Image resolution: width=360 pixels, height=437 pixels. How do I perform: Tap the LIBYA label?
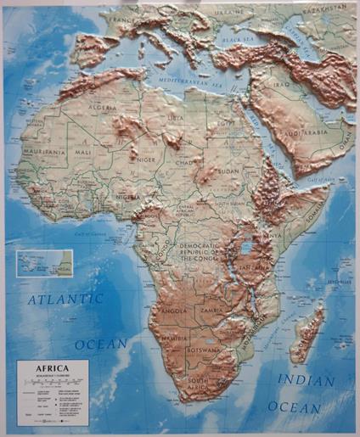pyautogui.click(x=175, y=118)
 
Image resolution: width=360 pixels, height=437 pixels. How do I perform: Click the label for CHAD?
pyautogui.click(x=181, y=162)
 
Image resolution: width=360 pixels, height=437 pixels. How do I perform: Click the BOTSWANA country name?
pyautogui.click(x=206, y=349)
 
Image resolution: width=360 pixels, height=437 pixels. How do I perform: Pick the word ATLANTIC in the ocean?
pyautogui.click(x=65, y=299)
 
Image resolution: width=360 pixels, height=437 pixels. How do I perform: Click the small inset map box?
pyautogui.click(x=43, y=263)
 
